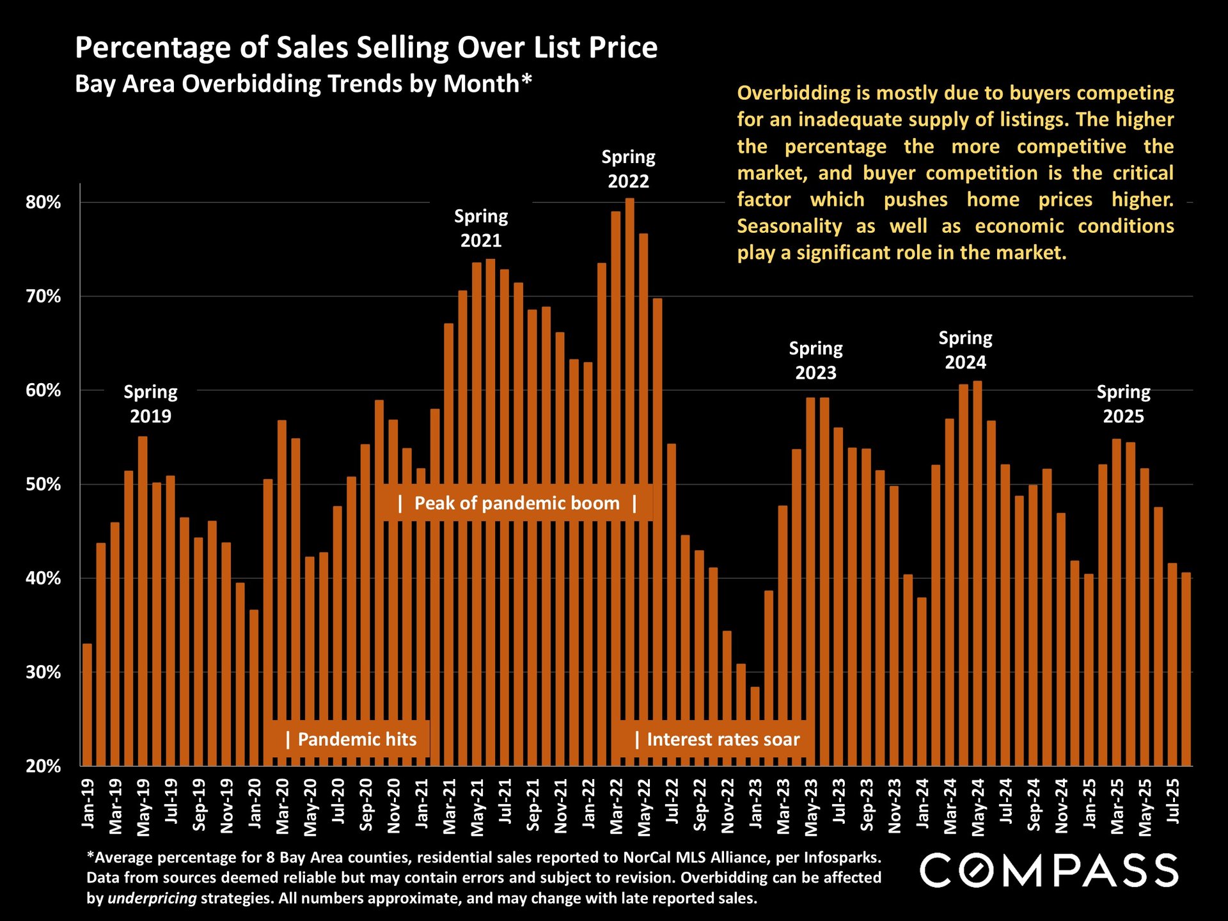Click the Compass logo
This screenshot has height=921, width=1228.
pyautogui.click(x=1049, y=870)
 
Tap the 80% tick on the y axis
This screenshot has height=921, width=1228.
pyautogui.click(x=43, y=203)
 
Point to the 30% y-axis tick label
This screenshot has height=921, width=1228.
pyautogui.click(x=43, y=672)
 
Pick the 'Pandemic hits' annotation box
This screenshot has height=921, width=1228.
pyautogui.click(x=349, y=739)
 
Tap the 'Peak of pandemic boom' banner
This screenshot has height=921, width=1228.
pyautogui.click(x=517, y=503)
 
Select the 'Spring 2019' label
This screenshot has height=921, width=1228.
pyautogui.click(x=150, y=404)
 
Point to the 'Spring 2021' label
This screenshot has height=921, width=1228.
pyautogui.click(x=481, y=228)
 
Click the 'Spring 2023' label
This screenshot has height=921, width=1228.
pyautogui.click(x=815, y=360)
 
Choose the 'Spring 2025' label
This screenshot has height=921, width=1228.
pyautogui.click(x=1123, y=404)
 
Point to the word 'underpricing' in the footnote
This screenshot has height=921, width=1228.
pyautogui.click(x=152, y=898)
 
